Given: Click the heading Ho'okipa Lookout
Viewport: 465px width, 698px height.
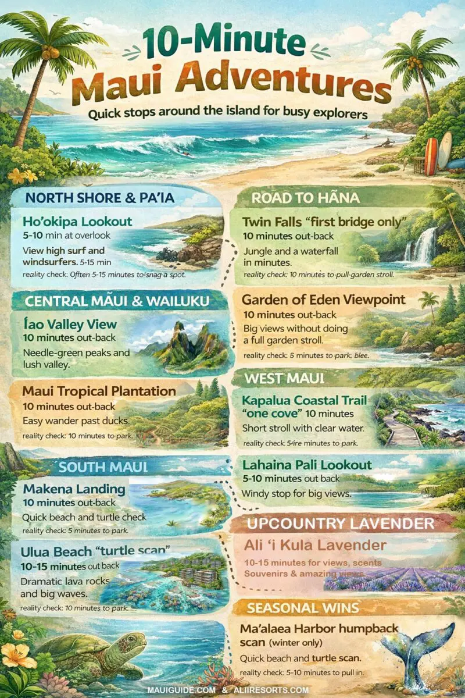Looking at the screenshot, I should coord(77,222).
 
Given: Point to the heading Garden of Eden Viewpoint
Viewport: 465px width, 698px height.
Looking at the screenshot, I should coord(324,300).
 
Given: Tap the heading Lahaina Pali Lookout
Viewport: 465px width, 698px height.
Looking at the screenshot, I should coord(306,465).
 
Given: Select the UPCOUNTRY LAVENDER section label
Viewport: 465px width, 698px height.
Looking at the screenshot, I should coord(341,523).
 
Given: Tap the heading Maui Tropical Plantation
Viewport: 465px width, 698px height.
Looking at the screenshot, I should coord(99,390).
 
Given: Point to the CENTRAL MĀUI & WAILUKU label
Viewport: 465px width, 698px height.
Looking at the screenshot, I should coord(117,302).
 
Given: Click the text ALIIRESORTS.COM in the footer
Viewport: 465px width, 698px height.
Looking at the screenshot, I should coord(273,690).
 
